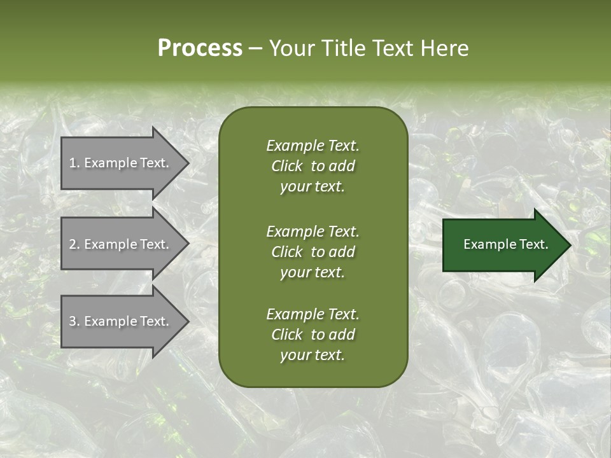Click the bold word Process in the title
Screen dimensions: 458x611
pos(200,48)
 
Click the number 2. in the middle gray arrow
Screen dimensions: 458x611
pos(74,244)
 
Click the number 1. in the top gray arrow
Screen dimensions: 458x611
pos(74,163)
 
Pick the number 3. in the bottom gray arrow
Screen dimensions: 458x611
pos(74,321)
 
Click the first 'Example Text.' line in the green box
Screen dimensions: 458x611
pos(313,146)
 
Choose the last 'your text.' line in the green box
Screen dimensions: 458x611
pos(313,356)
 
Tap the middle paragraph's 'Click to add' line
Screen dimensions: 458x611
pos(313,252)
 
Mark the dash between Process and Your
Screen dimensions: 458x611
pos(255,49)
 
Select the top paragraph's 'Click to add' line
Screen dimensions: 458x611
pos(313,166)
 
